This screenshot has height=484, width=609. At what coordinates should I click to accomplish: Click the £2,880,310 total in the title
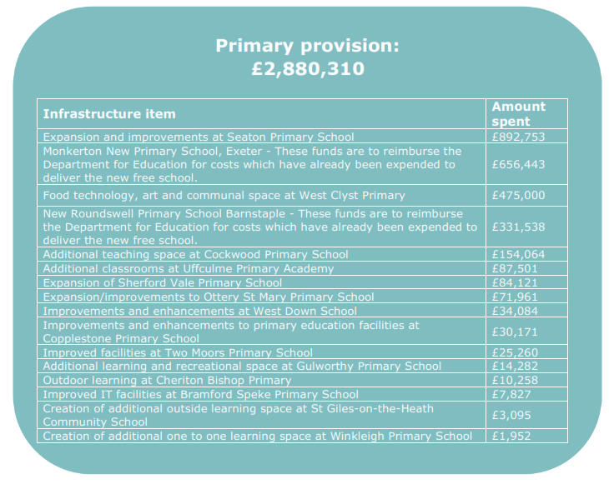click(308, 68)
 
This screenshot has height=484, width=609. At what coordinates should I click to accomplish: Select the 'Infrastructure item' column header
click(109, 113)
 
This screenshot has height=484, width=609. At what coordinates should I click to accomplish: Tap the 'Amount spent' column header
click(518, 113)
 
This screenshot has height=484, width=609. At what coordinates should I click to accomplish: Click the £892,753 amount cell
click(518, 137)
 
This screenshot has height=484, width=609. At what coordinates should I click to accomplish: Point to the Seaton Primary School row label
click(199, 137)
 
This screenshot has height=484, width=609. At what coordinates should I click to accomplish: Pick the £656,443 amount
click(518, 165)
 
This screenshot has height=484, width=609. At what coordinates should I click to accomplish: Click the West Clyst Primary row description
click(224, 195)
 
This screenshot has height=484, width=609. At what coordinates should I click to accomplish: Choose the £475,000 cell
click(518, 195)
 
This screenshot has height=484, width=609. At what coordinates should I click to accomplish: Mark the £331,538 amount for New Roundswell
click(518, 226)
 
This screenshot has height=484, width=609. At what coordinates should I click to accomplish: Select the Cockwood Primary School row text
click(195, 254)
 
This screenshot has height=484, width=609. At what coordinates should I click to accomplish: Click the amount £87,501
click(515, 268)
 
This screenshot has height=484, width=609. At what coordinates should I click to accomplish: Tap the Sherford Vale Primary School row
click(163, 282)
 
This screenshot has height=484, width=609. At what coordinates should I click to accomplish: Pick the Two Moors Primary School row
click(178, 352)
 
